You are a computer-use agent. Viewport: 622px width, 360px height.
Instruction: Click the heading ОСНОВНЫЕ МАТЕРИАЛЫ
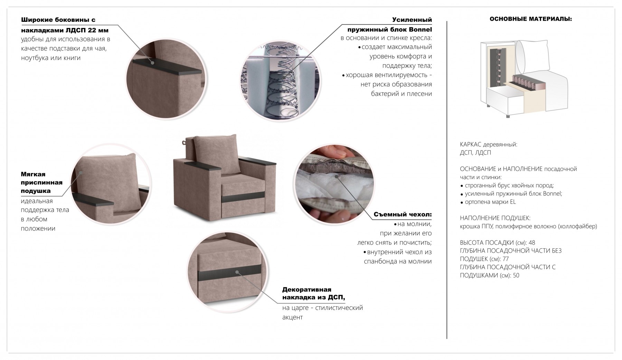(x=530, y=19)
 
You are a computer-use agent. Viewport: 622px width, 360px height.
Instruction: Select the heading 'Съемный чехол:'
(x=403, y=215)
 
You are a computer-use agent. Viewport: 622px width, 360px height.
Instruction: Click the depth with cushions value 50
(x=516, y=275)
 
